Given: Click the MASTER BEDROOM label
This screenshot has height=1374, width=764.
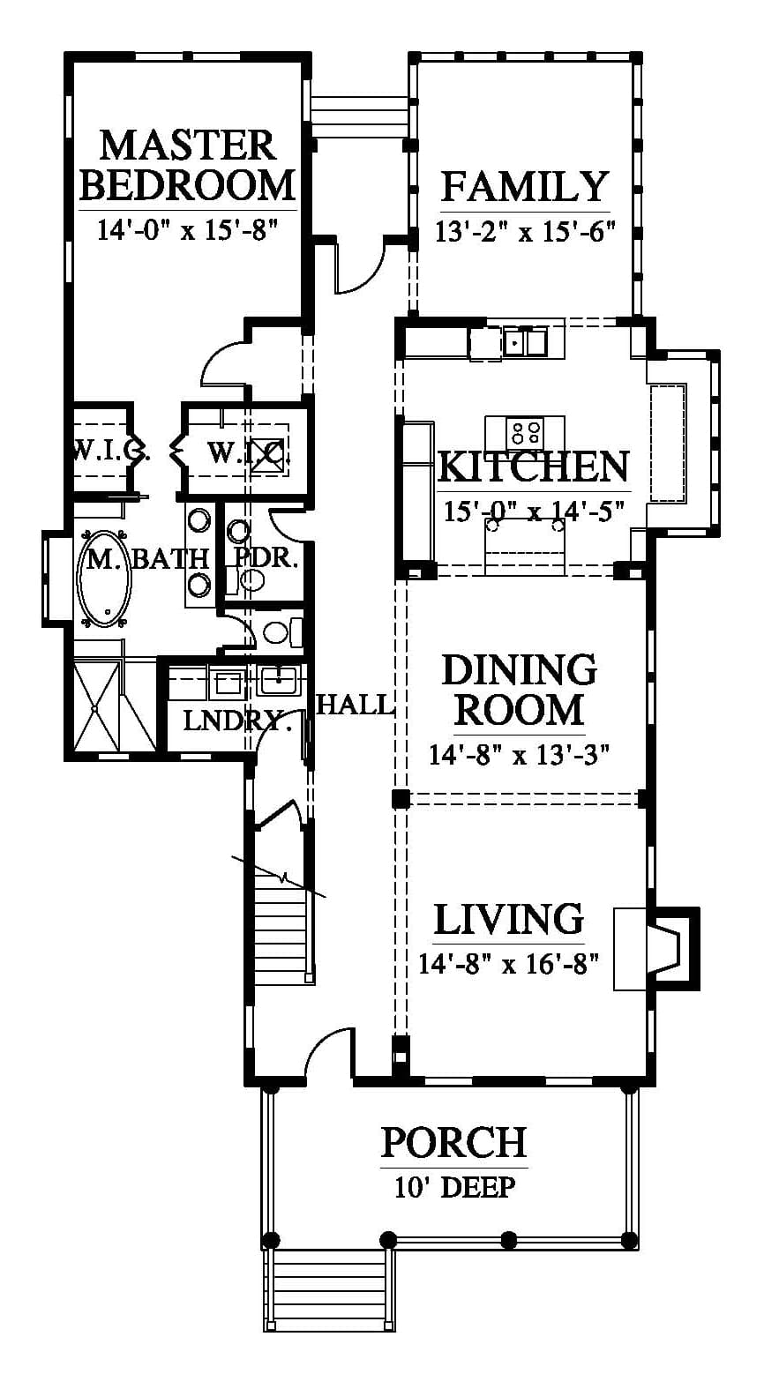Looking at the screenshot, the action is point(188,165).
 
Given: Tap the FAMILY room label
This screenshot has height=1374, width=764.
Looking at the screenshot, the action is point(525,186).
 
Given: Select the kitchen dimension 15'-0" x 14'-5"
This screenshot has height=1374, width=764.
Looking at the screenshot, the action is point(533,511).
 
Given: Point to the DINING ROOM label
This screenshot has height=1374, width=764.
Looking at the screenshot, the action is point(519,690).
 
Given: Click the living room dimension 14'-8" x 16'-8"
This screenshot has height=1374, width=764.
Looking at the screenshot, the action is point(508,964).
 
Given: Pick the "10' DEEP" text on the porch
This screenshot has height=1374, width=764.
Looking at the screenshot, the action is point(454,1188).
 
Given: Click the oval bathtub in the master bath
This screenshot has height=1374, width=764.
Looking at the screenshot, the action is point(103,579).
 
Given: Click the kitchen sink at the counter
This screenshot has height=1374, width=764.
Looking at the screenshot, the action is point(525,342).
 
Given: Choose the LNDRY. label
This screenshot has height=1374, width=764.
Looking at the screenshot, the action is point(237,721).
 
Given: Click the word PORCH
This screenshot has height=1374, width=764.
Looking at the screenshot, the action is point(454,1142).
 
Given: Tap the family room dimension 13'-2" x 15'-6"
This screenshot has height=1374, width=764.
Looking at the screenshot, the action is point(525,232).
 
